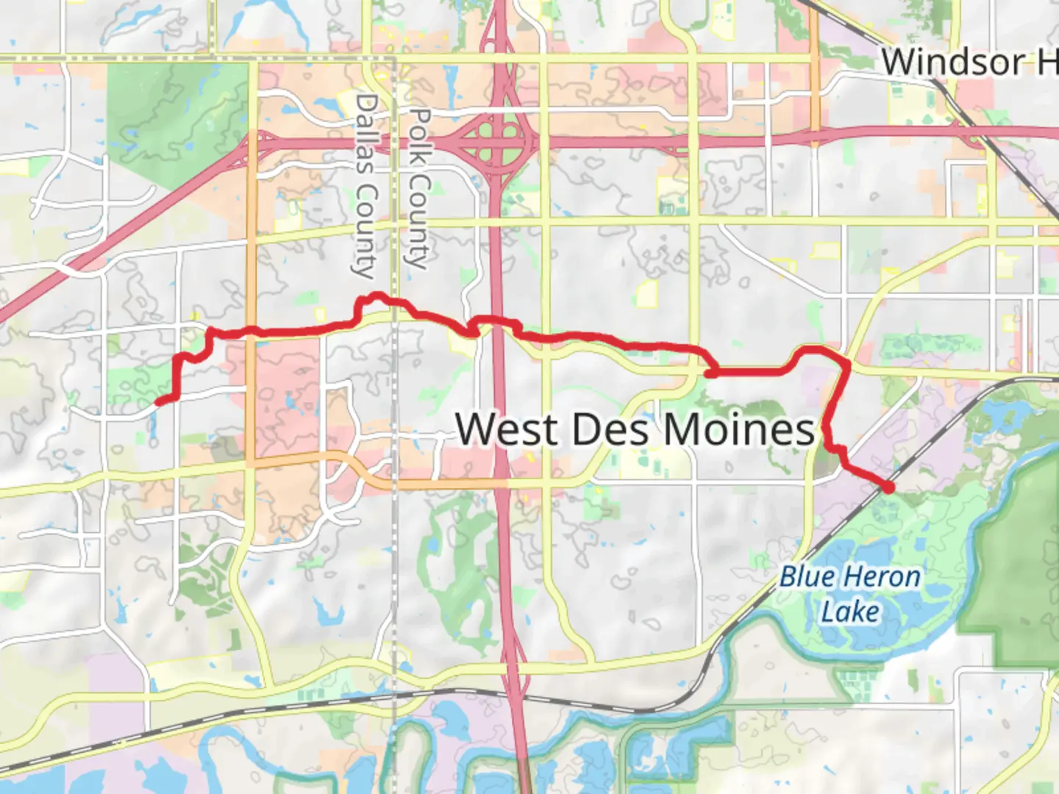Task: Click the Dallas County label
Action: click(x=366, y=185)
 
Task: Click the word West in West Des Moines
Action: click(x=505, y=429)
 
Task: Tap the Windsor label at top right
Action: click(x=953, y=62)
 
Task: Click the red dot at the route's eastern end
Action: click(x=888, y=487)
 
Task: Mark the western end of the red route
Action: click(x=159, y=401)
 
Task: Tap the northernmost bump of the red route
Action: click(x=377, y=296)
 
